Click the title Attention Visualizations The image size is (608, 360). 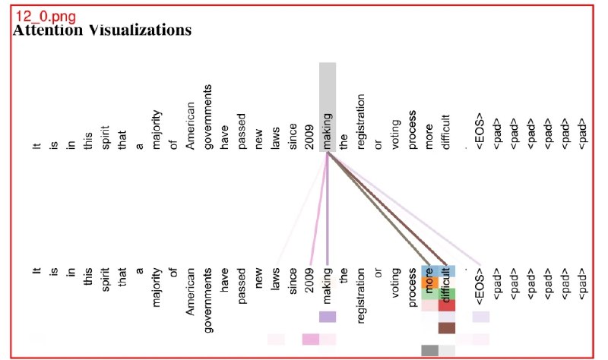pos(102,30)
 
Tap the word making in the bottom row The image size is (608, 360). pos(327,285)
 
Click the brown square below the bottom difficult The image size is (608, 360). pos(447,328)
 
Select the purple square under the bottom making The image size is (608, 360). pos(327,317)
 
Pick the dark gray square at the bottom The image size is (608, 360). pos(429,350)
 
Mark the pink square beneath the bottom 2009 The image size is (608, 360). pos(310,339)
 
